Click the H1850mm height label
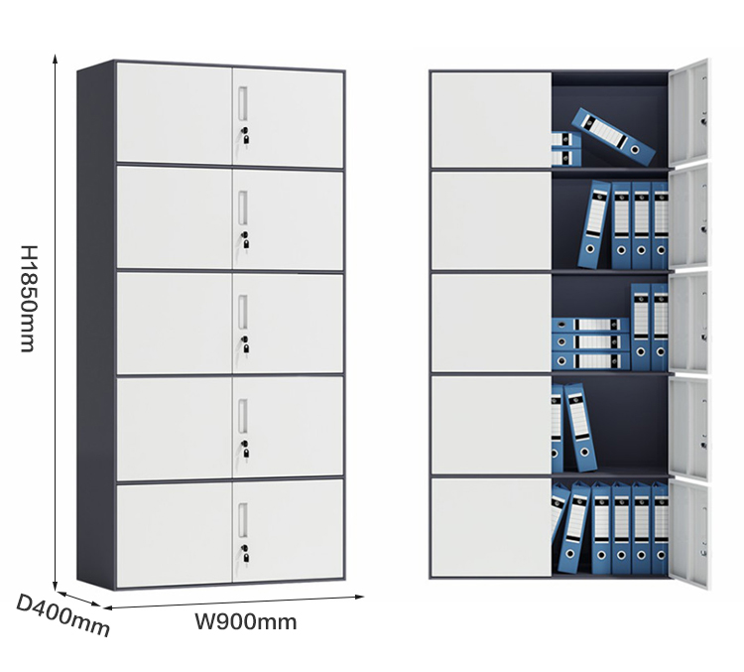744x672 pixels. coord(28,299)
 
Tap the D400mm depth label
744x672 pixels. coord(63,615)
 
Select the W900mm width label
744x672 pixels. coord(246,621)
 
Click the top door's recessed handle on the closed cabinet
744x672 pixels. coord(243,102)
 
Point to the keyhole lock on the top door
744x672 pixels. coord(245,135)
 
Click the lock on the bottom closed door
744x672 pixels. coord(245,553)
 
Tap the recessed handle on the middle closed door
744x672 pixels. coord(243,311)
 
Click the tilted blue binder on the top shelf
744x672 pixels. coord(613,136)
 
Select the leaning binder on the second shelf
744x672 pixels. coord(594,223)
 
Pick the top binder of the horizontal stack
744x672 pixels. coord(590,326)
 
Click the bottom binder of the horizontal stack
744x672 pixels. coord(590,361)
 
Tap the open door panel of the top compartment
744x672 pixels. coord(689,112)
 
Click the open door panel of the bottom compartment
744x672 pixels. coord(689,534)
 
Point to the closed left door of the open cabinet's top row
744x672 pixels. coord(491,120)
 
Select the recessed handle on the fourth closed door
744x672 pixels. coord(243,416)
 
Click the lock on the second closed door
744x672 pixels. coord(245,240)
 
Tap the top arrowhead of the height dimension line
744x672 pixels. coord(55,58)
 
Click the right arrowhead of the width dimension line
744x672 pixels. coord(360,597)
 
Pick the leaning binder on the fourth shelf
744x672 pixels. coord(580,428)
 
